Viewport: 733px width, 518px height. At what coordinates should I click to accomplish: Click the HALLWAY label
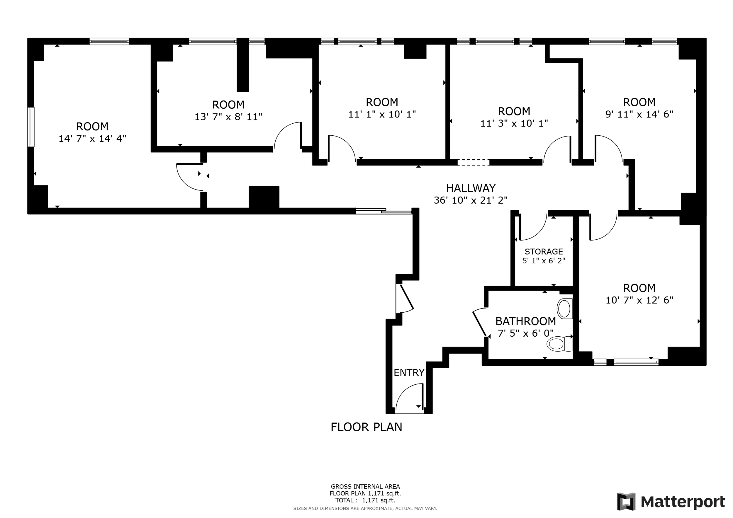point(471,188)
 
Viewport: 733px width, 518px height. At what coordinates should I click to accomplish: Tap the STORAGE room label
point(544,252)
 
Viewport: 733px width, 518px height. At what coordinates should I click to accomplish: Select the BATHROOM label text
point(526,321)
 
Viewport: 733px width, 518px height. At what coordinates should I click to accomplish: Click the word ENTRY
point(409,373)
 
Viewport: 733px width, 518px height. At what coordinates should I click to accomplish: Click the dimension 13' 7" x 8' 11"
point(228,117)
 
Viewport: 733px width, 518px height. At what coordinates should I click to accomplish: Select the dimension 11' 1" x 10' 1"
point(382,114)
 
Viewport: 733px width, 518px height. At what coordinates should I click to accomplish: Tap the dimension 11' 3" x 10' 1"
point(514,123)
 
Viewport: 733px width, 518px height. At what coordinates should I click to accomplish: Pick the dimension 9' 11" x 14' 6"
point(639,114)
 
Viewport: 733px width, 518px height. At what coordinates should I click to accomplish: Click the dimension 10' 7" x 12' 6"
point(639,300)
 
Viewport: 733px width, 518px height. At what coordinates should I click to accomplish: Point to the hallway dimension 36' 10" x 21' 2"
point(471,200)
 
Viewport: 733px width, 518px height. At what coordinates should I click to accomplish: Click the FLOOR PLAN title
point(366,427)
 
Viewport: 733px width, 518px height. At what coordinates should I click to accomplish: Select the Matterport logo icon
point(626,502)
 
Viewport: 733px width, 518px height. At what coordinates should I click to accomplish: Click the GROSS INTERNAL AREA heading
point(365,487)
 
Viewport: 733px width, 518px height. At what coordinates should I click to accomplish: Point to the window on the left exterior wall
point(31,127)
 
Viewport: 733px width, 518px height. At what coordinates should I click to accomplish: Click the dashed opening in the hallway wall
point(473,162)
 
